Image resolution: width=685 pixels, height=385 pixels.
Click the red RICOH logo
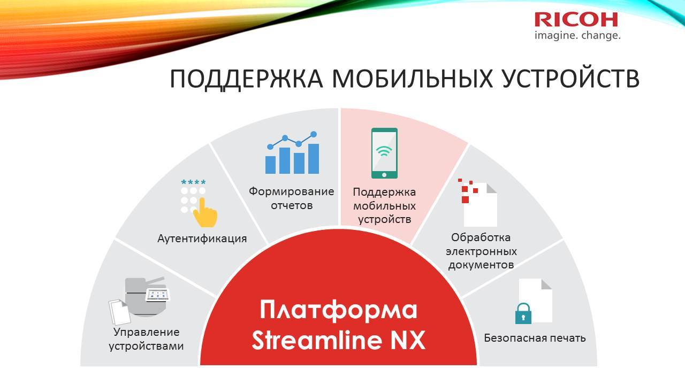click(576, 20)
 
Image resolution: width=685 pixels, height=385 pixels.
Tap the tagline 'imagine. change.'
click(577, 35)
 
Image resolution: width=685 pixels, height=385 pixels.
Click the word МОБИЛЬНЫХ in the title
click(412, 79)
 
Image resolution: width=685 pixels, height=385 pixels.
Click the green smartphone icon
click(384, 153)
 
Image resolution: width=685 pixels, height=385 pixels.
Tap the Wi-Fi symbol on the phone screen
click(384, 151)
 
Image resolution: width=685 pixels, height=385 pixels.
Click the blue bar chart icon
click(292, 152)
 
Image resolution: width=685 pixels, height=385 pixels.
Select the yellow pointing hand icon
click(205, 212)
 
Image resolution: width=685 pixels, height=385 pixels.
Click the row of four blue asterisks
click(193, 182)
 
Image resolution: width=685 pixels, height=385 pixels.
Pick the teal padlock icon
click(523, 313)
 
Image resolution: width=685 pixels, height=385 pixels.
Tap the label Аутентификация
click(202, 238)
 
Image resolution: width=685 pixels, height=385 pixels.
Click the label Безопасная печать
click(535, 338)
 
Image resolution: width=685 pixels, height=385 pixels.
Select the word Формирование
click(292, 191)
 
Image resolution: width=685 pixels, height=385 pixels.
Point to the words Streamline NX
click(339, 340)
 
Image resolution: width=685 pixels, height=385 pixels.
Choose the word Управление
click(147, 333)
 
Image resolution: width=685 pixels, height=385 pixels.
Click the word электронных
click(481, 251)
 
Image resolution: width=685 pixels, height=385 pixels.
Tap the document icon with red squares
click(478, 203)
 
